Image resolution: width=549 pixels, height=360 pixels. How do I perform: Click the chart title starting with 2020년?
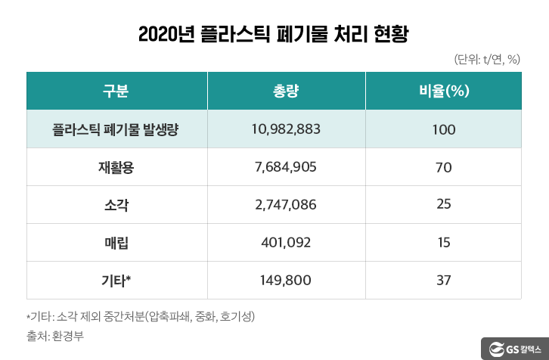click(274, 35)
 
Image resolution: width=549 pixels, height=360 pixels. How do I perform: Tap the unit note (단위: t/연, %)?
click(487, 60)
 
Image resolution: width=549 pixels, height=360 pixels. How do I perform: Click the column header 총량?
click(286, 92)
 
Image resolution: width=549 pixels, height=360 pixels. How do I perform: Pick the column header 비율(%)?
click(444, 92)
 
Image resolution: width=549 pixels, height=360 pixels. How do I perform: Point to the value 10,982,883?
click(286, 129)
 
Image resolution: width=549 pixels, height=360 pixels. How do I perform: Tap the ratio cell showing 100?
click(444, 129)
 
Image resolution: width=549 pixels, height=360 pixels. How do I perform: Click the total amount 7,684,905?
click(286, 167)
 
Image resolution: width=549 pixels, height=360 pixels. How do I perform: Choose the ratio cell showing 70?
click(444, 167)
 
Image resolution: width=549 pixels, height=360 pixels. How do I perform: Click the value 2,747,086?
click(286, 205)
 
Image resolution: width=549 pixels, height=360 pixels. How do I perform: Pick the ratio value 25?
click(444, 205)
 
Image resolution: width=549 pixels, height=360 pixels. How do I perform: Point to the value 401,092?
click(286, 243)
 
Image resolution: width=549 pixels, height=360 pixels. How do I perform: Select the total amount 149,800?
click(286, 281)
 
